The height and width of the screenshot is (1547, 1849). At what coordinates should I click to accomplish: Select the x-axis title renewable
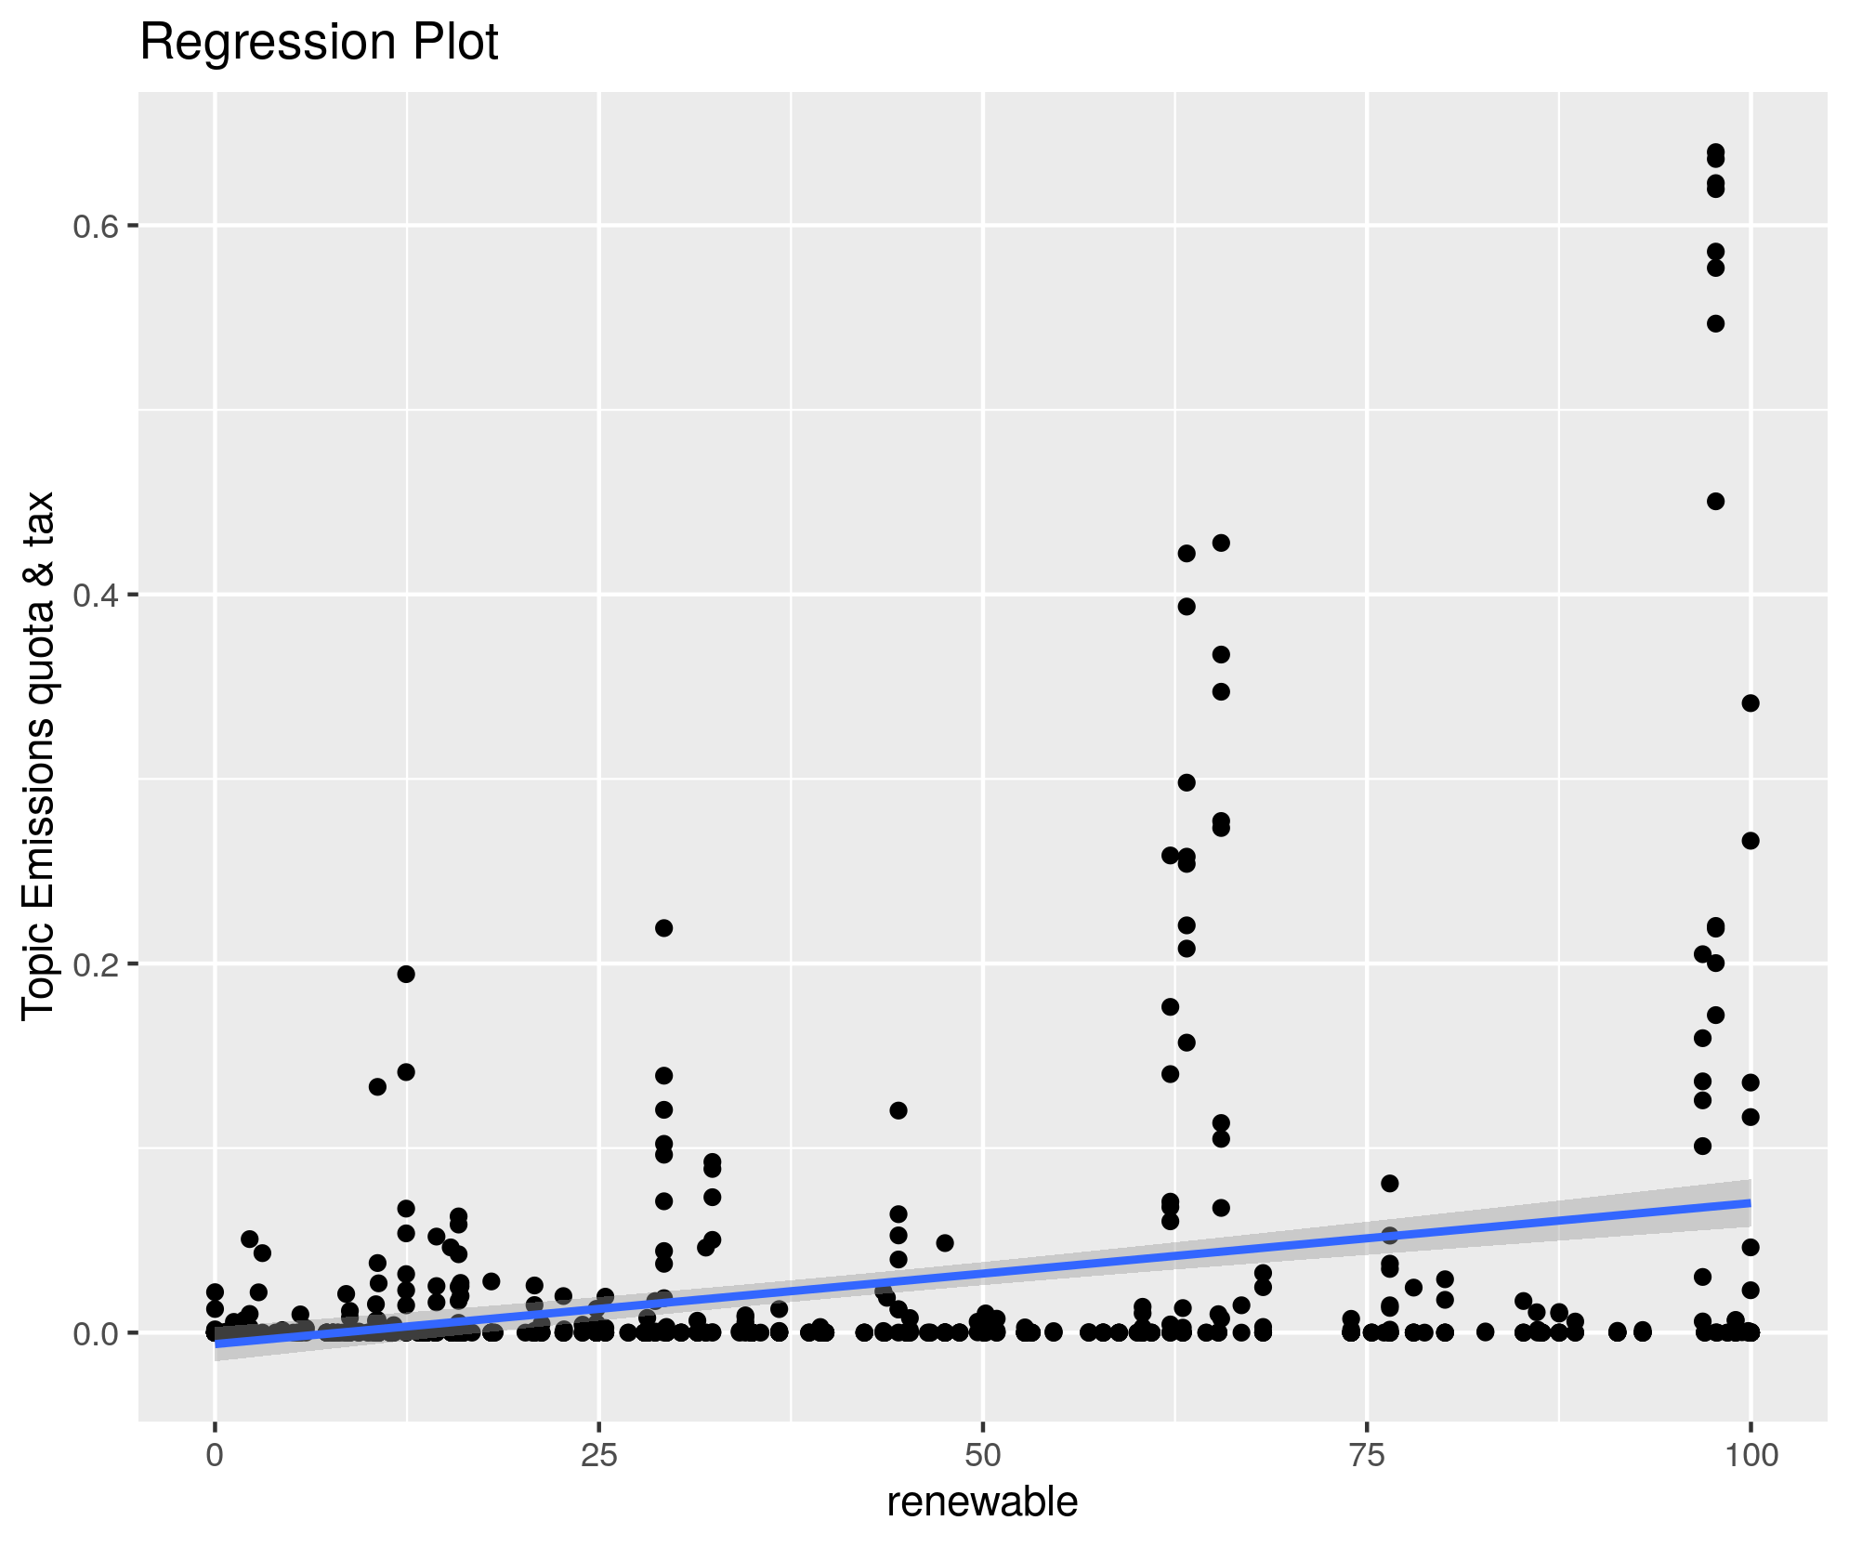pos(982,1502)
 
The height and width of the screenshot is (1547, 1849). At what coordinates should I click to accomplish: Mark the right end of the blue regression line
pos(1750,1203)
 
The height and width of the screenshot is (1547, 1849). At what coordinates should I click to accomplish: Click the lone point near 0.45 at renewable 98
pos(1716,502)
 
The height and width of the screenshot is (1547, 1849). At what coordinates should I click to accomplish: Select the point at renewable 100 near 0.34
pos(1751,703)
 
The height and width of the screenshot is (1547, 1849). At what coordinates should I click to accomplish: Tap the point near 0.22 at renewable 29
pos(663,928)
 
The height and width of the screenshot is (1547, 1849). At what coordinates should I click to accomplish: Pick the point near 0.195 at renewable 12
pos(406,974)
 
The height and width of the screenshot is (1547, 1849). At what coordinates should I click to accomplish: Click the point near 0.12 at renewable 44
pos(898,1110)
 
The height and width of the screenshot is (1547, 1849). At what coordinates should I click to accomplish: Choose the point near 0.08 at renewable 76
pos(1390,1184)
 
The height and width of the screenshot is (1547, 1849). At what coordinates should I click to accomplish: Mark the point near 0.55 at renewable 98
pos(1716,323)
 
